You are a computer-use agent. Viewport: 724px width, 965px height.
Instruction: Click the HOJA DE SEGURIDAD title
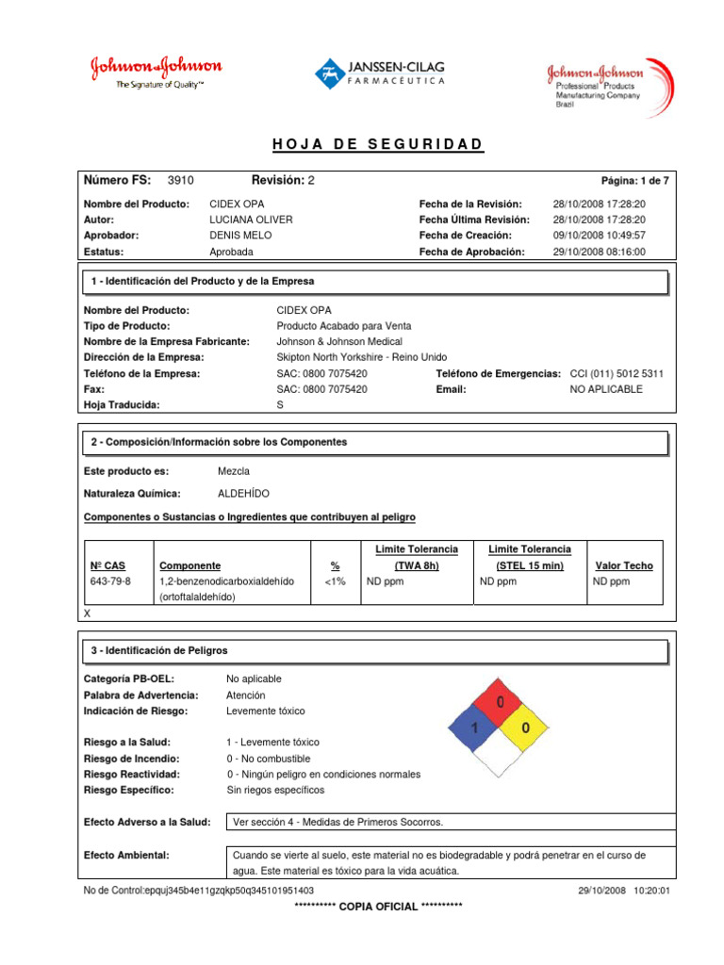coord(377,144)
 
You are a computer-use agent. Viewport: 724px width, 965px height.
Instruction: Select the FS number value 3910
coord(180,180)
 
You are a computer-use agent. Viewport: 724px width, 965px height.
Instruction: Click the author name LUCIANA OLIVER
coord(251,220)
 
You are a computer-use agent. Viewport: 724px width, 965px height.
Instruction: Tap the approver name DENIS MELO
coord(241,236)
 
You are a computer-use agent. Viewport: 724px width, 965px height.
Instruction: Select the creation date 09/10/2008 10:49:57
coord(599,236)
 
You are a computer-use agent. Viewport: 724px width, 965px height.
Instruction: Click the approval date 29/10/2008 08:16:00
coord(599,252)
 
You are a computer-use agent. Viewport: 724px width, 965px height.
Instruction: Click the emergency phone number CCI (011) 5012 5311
coord(617,373)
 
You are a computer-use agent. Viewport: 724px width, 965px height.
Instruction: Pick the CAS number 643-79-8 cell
coord(111,581)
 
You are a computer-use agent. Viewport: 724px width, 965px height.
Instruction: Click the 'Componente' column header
coord(190,565)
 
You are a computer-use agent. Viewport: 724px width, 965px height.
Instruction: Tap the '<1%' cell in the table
coord(335,581)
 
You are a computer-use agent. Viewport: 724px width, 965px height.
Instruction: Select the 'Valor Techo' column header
coord(624,565)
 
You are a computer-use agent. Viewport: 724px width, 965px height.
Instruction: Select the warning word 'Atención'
coord(246,695)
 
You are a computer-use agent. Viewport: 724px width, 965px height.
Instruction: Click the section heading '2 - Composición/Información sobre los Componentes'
coord(219,442)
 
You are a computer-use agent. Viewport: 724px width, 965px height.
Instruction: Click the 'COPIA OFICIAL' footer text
coord(377,906)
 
